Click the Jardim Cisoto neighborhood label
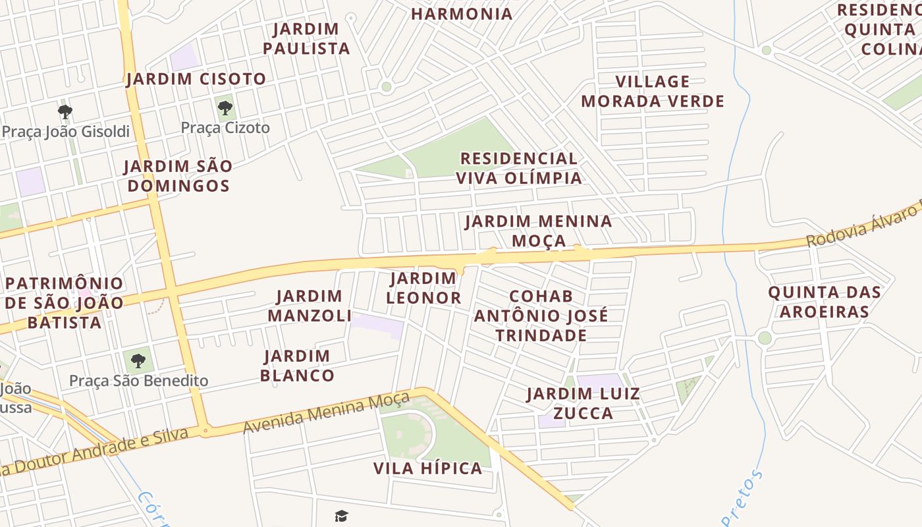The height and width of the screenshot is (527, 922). click(196, 79)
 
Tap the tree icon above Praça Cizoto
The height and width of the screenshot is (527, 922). click(225, 107)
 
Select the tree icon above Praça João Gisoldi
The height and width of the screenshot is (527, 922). click(65, 111)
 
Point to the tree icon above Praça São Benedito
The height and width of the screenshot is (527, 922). click(138, 360)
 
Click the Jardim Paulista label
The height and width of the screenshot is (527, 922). click(306, 39)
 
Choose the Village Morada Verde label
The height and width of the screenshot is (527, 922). click(653, 92)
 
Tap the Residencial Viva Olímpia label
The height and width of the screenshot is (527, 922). click(519, 168)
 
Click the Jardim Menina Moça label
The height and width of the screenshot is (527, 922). click(539, 231)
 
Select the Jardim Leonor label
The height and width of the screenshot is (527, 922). click(423, 288)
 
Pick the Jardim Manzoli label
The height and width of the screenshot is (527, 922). click(310, 306)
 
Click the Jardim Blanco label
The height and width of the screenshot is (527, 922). click(297, 366)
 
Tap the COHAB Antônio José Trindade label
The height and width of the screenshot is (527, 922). click(541, 316)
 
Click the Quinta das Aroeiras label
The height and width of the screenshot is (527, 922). click(825, 302)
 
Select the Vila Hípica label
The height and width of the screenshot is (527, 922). click(427, 468)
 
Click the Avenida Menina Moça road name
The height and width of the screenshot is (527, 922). click(327, 413)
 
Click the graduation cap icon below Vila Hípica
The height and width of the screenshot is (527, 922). click(341, 516)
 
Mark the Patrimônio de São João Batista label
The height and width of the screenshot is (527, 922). click(65, 303)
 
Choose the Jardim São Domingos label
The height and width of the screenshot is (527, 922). click(178, 176)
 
